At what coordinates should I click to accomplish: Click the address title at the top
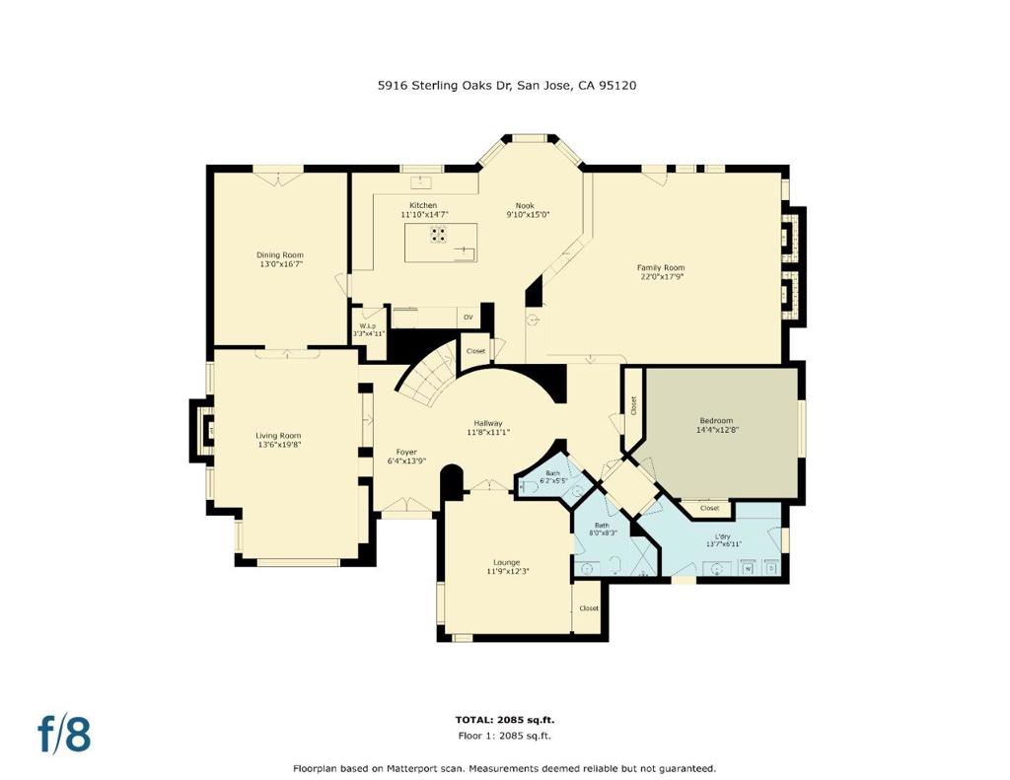coord(507,86)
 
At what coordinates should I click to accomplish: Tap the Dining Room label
coord(280,255)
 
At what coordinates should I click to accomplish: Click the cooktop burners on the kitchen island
coord(438,235)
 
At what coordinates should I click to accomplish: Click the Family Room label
coord(660,268)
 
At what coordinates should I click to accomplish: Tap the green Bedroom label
coord(715,421)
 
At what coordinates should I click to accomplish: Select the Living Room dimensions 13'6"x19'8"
coord(278,445)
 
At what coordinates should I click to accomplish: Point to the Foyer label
coord(406,452)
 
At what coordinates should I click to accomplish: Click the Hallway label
coord(488,423)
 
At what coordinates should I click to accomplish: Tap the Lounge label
coord(507,563)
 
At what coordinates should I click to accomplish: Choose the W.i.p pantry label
coord(368,326)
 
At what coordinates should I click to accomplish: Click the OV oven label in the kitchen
coord(469,318)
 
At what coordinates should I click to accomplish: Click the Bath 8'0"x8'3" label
coord(602,526)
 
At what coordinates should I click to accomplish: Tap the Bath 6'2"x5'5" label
coord(553,473)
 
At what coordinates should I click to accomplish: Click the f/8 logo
coord(65,734)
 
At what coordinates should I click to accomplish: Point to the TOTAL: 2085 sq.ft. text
coord(503,720)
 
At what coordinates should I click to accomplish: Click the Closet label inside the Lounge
coord(589,608)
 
